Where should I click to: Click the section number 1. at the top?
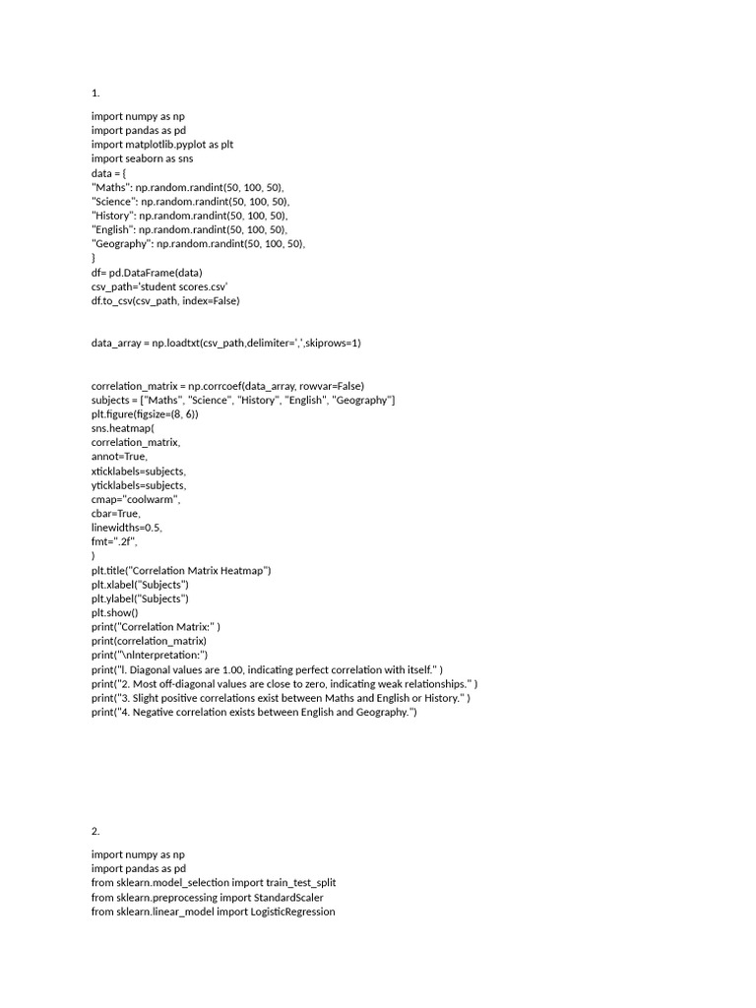[95, 94]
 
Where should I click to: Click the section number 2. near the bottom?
[95, 831]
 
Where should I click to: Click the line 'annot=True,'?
[119, 457]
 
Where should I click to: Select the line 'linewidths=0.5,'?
[127, 528]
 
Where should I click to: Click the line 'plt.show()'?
[115, 612]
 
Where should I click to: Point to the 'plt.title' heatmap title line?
[180, 570]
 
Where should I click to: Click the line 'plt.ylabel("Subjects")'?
[140, 598]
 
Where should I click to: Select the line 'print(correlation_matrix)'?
[149, 641]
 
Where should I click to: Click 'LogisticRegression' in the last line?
[285, 912]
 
